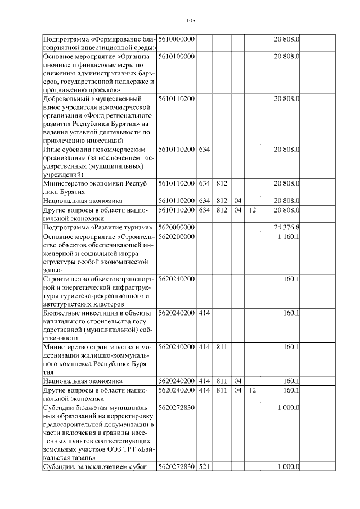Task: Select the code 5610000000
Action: pyautogui.click(x=176, y=39)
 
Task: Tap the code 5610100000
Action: pyautogui.click(x=176, y=57)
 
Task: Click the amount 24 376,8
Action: pyautogui.click(x=286, y=228)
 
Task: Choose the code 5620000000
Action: pyautogui.click(x=176, y=228)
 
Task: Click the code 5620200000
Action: pyautogui.click(x=176, y=237)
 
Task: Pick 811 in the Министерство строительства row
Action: pyautogui.click(x=221, y=347)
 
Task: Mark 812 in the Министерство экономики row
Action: pyautogui.click(x=221, y=183)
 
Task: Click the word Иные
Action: pyautogui.click(x=53, y=150)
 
